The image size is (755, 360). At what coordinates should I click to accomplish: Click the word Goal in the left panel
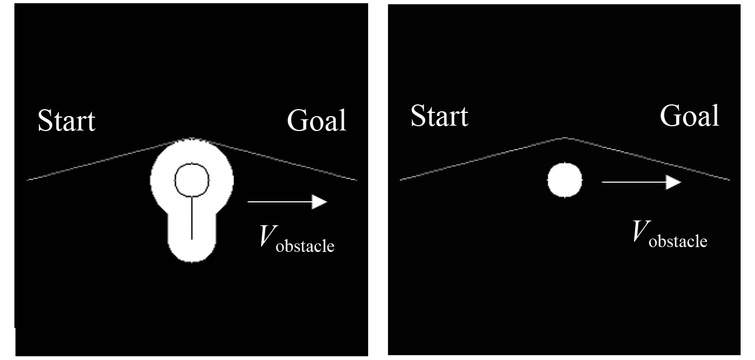tap(316, 120)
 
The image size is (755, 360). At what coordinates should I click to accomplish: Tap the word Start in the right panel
tap(439, 116)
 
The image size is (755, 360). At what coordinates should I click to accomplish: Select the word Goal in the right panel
tap(689, 116)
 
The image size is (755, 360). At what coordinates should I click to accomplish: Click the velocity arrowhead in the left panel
tap(320, 202)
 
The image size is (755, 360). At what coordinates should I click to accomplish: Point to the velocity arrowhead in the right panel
tap(674, 182)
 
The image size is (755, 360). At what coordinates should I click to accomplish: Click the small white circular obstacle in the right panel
tap(565, 180)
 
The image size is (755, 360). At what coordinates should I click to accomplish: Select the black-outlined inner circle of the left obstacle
tap(191, 179)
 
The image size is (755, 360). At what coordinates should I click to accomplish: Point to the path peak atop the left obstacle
tap(192, 140)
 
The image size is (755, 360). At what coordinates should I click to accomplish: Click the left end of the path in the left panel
tap(28, 180)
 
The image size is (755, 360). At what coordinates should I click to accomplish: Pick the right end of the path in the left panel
tap(356, 180)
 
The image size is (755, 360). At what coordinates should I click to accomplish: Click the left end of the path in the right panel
tap(401, 179)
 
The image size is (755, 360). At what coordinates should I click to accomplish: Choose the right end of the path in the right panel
tap(728, 179)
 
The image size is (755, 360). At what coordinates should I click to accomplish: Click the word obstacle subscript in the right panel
tap(678, 241)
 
